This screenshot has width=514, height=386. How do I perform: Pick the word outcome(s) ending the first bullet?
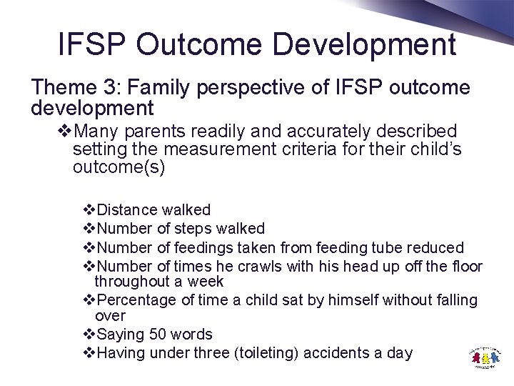pos(119,167)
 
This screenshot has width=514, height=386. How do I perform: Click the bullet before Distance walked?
pos(89,210)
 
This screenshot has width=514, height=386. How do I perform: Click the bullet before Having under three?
pos(89,353)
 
